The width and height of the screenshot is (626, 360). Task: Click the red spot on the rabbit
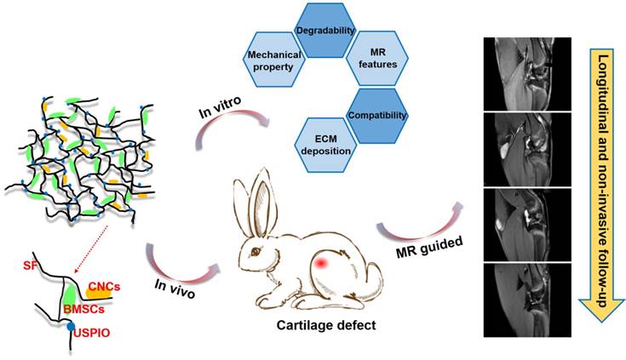[322, 266]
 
